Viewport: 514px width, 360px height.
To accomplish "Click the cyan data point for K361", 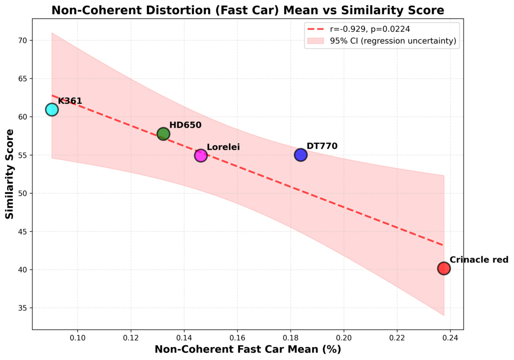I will [x=51, y=109].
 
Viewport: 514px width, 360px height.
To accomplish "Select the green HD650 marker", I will [x=163, y=134].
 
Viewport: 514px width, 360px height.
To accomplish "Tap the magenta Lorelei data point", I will [x=200, y=155].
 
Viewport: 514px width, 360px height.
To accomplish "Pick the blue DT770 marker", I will [x=301, y=155].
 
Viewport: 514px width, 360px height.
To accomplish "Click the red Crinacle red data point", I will [x=444, y=268].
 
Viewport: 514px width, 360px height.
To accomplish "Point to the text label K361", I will [x=69, y=101].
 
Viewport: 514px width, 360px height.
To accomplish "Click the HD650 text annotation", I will [x=185, y=125].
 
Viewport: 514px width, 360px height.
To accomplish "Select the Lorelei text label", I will [x=223, y=147].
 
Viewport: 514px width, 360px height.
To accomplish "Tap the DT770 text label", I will [x=322, y=146].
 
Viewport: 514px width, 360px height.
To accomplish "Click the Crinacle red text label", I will [x=479, y=260].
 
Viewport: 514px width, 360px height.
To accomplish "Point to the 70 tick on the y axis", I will [x=22, y=40].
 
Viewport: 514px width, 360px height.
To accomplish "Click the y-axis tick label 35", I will [x=22, y=308].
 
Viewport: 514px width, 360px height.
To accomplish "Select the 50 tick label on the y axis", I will [x=22, y=193].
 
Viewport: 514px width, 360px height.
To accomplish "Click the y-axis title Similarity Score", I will [x=10, y=174].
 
